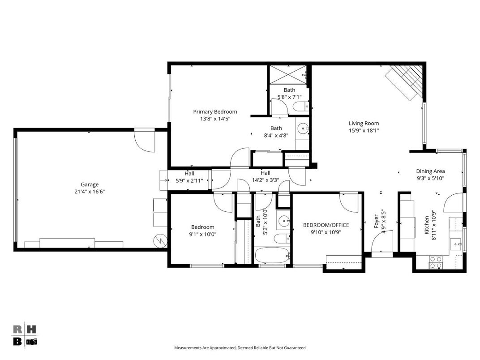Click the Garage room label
pyautogui.click(x=90, y=184)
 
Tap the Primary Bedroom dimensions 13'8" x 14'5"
pyautogui.click(x=215, y=119)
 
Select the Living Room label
pyautogui.click(x=364, y=124)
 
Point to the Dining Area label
pyautogui.click(x=430, y=171)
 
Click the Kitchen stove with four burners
pyautogui.click(x=436, y=262)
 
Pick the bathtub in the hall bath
pyautogui.click(x=272, y=255)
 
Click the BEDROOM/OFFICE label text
pyautogui.click(x=326, y=225)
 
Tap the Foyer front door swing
pyautogui.click(x=382, y=242)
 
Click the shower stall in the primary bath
pyautogui.click(x=288, y=74)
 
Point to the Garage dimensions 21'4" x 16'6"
pyautogui.click(x=90, y=192)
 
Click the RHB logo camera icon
pyautogui.click(x=31, y=342)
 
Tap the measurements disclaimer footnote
pyautogui.click(x=240, y=348)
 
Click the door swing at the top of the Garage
pyautogui.click(x=145, y=141)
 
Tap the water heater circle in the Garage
pyautogui.click(x=160, y=241)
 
